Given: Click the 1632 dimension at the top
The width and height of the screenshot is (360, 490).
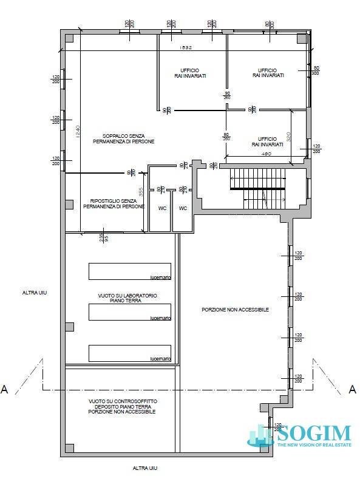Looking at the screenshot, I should pyautogui.click(x=185, y=48).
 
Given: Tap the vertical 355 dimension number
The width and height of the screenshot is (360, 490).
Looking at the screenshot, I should pyautogui.click(x=140, y=192).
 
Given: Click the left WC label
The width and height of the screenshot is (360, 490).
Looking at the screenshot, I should pyautogui.click(x=162, y=208).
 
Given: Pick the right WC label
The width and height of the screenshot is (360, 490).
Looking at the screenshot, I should pyautogui.click(x=183, y=208).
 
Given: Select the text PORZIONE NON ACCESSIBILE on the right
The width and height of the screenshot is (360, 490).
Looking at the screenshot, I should pyautogui.click(x=235, y=310).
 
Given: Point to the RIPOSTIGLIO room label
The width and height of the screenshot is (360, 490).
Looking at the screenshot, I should pyautogui.click(x=117, y=203).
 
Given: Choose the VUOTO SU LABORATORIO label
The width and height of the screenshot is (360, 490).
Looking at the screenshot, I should pyautogui.click(x=127, y=298).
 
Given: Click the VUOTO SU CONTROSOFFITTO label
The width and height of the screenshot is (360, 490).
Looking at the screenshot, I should pyautogui.click(x=121, y=406).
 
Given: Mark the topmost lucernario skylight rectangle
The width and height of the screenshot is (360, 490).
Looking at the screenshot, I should pyautogui.click(x=129, y=271).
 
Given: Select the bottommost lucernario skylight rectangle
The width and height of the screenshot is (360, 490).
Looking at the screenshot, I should pyautogui.click(x=129, y=353).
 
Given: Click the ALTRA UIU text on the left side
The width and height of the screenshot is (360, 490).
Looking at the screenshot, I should pyautogui.click(x=34, y=293).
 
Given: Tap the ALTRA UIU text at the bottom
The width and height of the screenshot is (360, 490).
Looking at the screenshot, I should pyautogui.click(x=146, y=468).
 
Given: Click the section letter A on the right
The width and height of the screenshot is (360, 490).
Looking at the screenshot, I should pyautogui.click(x=353, y=389).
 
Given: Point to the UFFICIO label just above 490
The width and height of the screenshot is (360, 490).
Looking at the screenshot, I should pyautogui.click(x=268, y=142).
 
